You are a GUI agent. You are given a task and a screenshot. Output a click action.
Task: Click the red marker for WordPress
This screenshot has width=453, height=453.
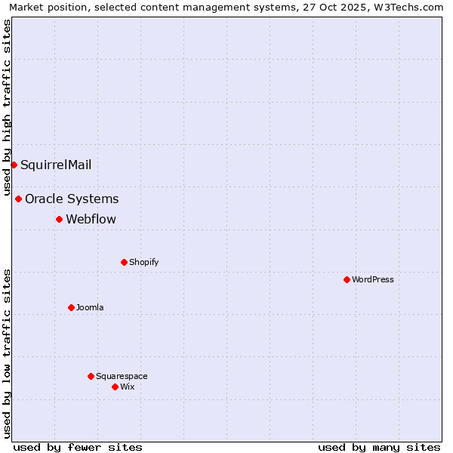pyautogui.click(x=347, y=279)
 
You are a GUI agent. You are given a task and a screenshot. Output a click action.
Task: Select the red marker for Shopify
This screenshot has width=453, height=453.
pyautogui.click(x=124, y=262)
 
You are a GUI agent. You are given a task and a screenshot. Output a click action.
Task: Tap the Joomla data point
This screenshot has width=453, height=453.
pyautogui.click(x=71, y=307)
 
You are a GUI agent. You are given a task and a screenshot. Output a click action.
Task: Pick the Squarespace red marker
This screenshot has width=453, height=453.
pyautogui.click(x=91, y=376)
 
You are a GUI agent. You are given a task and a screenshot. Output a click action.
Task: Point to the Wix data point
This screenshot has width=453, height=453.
pyautogui.click(x=115, y=387)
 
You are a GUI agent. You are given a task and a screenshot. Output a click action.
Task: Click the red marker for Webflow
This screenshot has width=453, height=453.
pyautogui.click(x=59, y=219)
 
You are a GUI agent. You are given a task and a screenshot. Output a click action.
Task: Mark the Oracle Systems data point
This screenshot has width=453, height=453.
pyautogui.click(x=18, y=199)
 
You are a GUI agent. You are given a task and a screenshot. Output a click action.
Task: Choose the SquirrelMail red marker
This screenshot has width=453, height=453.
pyautogui.click(x=14, y=165)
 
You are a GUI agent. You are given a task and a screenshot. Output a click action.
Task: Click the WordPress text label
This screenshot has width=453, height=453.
pyautogui.click(x=373, y=279)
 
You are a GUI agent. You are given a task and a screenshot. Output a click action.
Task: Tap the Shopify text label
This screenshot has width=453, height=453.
pyautogui.click(x=144, y=262)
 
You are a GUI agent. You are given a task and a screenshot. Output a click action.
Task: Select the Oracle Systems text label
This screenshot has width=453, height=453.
pyautogui.click(x=72, y=199)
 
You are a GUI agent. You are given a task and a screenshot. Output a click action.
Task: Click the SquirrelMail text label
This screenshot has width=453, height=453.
pyautogui.click(x=56, y=165)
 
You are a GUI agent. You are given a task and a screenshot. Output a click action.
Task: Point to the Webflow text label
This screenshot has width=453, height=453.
pyautogui.click(x=91, y=219)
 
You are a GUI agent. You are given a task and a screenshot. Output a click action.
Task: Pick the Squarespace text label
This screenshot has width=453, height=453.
pyautogui.click(x=122, y=376)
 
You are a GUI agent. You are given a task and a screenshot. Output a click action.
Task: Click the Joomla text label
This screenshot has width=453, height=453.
pyautogui.click(x=90, y=307)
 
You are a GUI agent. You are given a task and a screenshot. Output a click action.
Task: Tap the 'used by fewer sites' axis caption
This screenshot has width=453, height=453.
pyautogui.click(x=78, y=447)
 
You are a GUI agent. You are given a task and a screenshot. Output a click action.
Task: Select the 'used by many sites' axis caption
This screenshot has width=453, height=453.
pyautogui.click(x=379, y=447)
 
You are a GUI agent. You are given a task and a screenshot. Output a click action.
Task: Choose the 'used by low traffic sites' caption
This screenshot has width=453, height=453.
pyautogui.click(x=7, y=353)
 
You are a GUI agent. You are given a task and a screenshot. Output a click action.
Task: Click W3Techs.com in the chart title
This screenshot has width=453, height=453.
pyautogui.click(x=411, y=7)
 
